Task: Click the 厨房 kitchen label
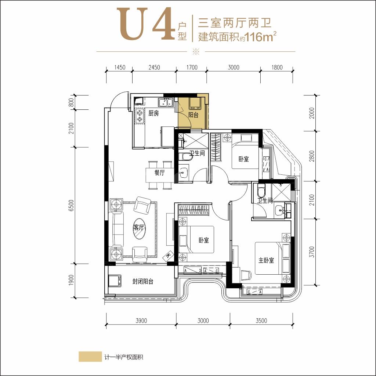[x=153, y=113]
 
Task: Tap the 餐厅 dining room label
[x=160, y=173]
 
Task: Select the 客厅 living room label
[x=139, y=227]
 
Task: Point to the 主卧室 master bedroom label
[x=266, y=260]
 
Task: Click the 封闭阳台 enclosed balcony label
[x=143, y=281]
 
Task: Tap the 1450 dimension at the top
[x=119, y=68]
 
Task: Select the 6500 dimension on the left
[x=71, y=206]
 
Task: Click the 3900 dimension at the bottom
[x=141, y=321]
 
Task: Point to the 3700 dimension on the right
[x=312, y=252]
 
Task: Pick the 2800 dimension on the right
[x=312, y=156]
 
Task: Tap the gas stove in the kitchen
[x=140, y=116]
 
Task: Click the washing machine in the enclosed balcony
[x=115, y=281]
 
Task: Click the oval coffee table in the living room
[x=139, y=228]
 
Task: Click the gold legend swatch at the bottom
[x=90, y=357]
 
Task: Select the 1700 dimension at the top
[x=192, y=68]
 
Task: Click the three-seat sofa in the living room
[x=116, y=229]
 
